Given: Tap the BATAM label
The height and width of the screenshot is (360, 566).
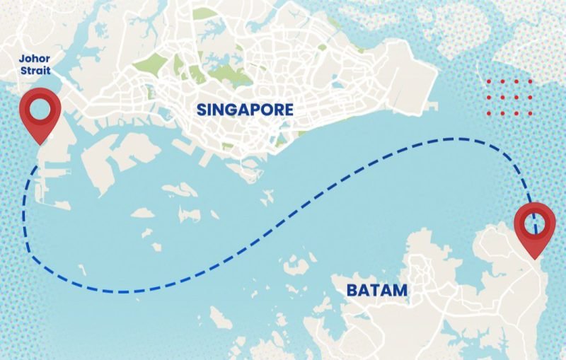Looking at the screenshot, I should point(377,290).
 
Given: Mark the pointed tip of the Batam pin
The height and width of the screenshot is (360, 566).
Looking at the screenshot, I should point(536,257).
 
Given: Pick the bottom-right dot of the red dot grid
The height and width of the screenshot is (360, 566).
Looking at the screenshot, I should point(529,113).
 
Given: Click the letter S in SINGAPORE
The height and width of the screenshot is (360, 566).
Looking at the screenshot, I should point(201,110).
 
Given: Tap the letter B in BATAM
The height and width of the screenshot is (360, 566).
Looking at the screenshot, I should point(352,290).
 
